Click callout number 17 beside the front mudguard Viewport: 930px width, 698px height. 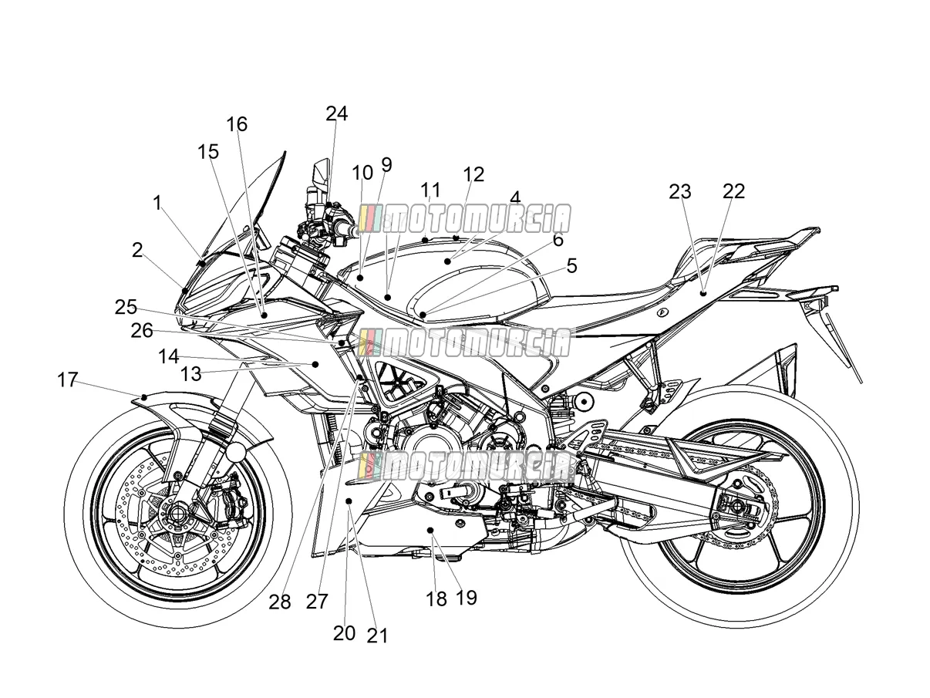68,379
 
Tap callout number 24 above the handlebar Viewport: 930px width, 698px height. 337,113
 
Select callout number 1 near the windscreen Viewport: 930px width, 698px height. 157,203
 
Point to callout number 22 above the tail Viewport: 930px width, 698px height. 734,191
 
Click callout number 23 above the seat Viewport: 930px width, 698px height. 680,192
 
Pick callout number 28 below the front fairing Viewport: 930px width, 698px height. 280,602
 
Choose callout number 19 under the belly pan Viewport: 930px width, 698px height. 467,598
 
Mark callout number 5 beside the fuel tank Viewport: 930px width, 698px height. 572,266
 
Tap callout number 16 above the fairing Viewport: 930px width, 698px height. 237,124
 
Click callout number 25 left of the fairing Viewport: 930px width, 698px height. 126,307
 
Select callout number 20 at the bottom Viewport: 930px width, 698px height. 344,633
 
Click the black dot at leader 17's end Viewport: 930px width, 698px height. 144,397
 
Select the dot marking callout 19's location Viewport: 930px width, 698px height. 430,530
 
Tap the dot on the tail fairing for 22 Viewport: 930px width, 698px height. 703,293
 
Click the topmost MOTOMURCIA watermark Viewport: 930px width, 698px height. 465,219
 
